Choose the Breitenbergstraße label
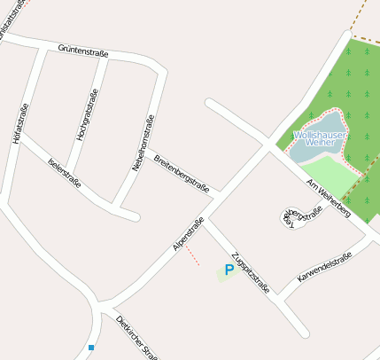[181, 172]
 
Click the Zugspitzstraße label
[251, 276]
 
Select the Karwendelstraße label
[324, 268]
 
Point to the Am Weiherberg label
[329, 197]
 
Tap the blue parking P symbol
[229, 270]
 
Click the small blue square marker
[91, 348]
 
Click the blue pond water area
[309, 151]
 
